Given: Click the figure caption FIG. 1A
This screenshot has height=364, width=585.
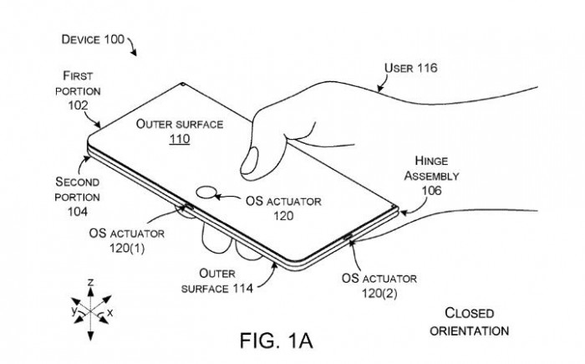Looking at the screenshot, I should [x=276, y=341].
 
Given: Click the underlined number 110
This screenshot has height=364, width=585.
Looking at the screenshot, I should [x=180, y=140].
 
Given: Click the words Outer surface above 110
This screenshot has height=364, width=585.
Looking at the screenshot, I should [x=180, y=124].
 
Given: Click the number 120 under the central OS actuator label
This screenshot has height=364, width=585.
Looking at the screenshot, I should [x=284, y=215].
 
